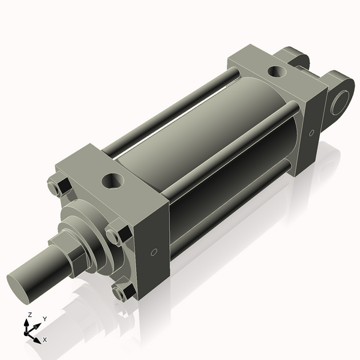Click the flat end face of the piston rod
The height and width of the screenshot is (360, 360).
(x=22, y=285)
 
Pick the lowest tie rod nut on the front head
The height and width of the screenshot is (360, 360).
(x=122, y=292)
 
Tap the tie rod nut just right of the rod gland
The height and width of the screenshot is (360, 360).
(x=116, y=232)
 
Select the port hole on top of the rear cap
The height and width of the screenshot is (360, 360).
(x=277, y=71)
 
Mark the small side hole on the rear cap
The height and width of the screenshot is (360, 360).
(x=311, y=133)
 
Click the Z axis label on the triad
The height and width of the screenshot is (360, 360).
(x=29, y=315)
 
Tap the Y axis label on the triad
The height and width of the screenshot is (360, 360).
(x=45, y=319)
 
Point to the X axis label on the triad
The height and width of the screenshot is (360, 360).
(x=45, y=340)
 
